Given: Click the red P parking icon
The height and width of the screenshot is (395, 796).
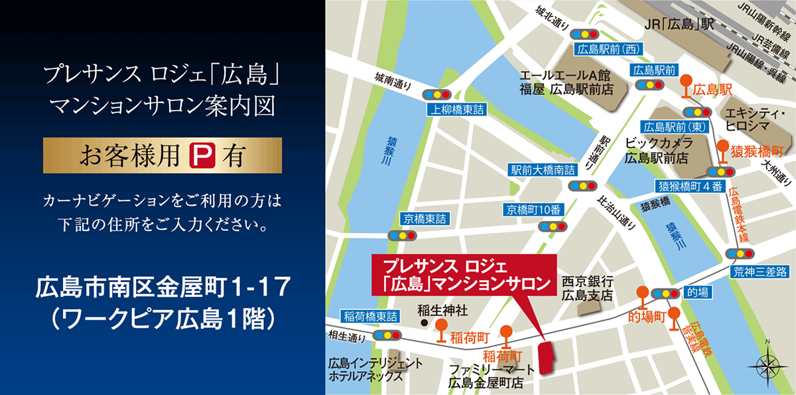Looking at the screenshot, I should point(200,156).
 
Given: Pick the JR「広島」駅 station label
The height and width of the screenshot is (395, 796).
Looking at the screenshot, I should point(679,25).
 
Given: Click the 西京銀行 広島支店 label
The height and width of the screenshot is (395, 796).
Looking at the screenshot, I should point(588,287).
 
